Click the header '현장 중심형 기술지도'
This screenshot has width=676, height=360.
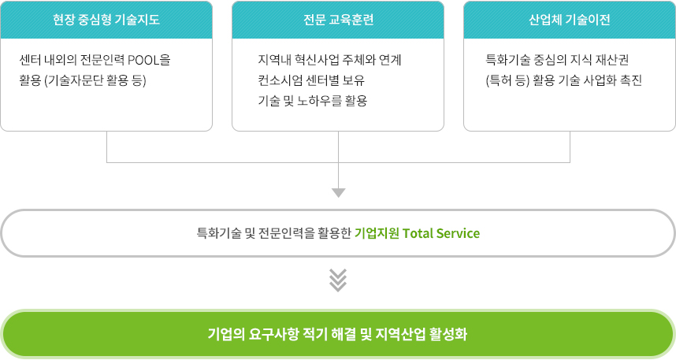coord(106,20)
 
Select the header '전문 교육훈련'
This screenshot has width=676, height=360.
coord(339,20)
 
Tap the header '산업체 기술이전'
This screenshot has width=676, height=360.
coord(569,20)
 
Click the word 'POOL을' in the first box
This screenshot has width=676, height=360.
coord(149,60)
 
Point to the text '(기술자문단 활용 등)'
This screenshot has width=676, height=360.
coord(95,80)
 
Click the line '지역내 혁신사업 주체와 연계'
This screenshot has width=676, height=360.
coord(330,60)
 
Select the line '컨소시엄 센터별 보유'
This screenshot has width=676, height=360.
coord(311,80)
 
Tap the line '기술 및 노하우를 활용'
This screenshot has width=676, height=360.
coord(313,101)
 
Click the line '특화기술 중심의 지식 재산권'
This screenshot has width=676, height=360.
coord(557,60)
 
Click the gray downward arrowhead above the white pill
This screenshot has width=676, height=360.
coord(339,193)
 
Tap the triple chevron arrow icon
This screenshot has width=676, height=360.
coord(338,280)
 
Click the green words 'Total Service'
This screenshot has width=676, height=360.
coord(441,233)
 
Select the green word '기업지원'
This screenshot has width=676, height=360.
coord(377,233)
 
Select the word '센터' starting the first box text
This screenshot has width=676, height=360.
coord(30,60)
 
